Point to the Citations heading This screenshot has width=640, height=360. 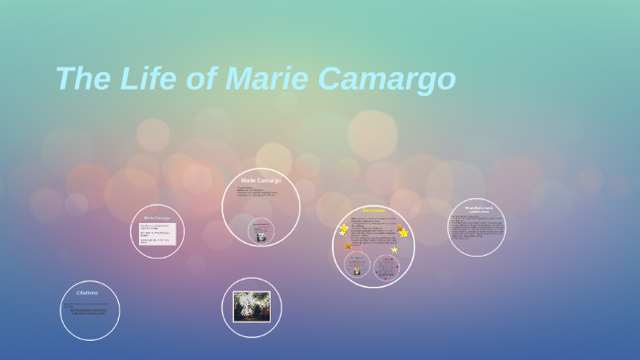[x=88, y=293]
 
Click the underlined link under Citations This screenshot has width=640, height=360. [x=90, y=312]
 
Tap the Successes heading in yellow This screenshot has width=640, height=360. [x=373, y=210]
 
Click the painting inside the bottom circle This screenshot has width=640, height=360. [x=251, y=307]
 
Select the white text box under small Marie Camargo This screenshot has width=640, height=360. [x=157, y=235]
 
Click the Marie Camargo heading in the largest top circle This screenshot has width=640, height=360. [x=261, y=181]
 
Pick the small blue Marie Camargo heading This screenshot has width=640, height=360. [x=157, y=217]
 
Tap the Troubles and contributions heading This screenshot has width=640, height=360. [x=477, y=209]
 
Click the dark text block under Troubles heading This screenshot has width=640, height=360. [x=476, y=228]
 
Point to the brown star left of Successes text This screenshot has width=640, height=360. [x=348, y=246]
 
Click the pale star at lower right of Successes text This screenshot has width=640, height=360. [x=394, y=249]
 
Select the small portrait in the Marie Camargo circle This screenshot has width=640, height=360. [x=261, y=237]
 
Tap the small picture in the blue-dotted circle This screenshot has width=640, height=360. [x=357, y=270]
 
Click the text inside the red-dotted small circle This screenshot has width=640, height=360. [x=387, y=266]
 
